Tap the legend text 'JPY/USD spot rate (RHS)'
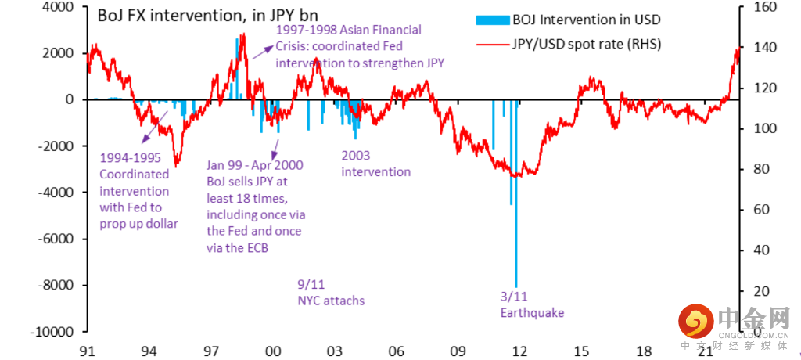(587, 44)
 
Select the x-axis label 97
(210, 351)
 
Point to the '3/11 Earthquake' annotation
(531, 304)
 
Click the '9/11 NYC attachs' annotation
(331, 292)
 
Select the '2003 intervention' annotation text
(375, 164)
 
